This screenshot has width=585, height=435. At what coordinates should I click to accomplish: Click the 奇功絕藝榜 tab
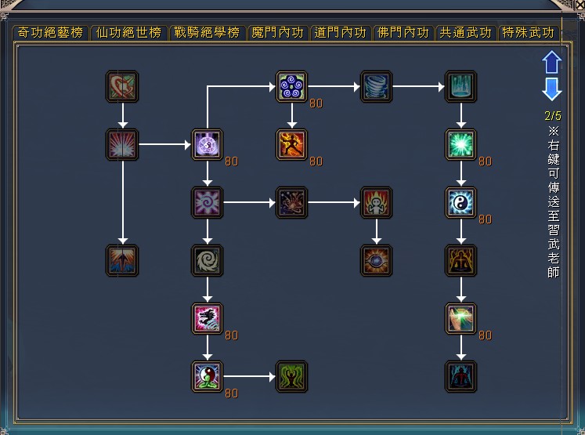tap(50, 32)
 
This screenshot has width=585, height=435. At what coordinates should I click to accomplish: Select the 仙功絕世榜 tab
tap(128, 32)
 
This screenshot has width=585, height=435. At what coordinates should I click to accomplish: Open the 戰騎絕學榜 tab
tap(207, 32)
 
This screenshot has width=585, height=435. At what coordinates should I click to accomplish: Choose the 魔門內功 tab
tap(278, 32)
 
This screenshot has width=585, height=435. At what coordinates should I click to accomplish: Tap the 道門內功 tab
tap(340, 32)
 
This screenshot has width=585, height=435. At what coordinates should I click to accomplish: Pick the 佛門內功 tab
tap(403, 32)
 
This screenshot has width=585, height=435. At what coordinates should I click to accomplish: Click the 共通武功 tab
tap(466, 32)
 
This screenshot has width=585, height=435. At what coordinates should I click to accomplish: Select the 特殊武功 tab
tap(529, 32)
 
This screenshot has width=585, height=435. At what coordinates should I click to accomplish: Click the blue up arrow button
tap(552, 62)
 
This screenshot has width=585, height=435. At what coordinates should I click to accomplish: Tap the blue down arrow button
tap(552, 89)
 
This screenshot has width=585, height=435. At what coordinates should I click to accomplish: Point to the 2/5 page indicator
tap(553, 116)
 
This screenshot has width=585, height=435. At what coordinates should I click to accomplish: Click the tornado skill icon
tap(376, 87)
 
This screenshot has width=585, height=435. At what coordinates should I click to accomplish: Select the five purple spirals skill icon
tap(292, 87)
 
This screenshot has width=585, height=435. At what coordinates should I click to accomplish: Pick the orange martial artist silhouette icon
tap(292, 144)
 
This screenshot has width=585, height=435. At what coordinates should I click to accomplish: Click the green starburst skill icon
tap(460, 144)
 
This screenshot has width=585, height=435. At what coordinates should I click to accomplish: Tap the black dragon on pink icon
tap(207, 318)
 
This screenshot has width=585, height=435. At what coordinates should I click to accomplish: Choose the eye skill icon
tap(376, 261)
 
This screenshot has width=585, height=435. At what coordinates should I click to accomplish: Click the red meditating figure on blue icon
tap(460, 376)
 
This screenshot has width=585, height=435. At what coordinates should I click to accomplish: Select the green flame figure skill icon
tap(292, 376)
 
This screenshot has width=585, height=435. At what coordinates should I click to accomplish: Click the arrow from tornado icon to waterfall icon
tap(418, 87)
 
